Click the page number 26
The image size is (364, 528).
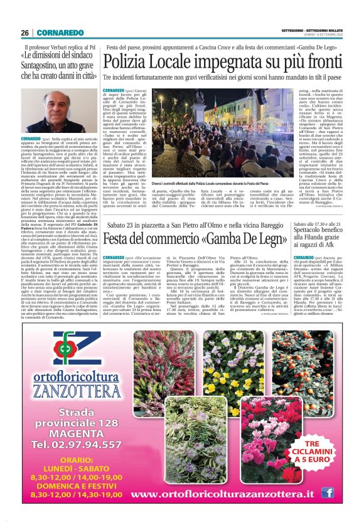[25, 33]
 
